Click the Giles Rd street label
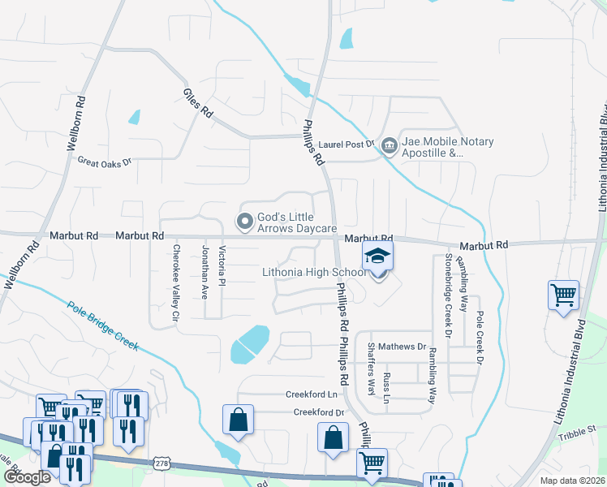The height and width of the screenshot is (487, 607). point(197,103)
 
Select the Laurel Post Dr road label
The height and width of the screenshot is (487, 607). point(344,144)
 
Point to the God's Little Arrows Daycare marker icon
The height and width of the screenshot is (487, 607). point(243,221)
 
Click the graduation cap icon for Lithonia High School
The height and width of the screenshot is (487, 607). point(377,256)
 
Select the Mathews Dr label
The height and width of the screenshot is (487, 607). point(402,347)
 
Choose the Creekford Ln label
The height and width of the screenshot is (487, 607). point(311,394)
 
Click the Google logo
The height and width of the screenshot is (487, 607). point(26,477)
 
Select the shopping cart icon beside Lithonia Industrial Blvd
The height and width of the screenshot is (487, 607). point(563,295)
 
